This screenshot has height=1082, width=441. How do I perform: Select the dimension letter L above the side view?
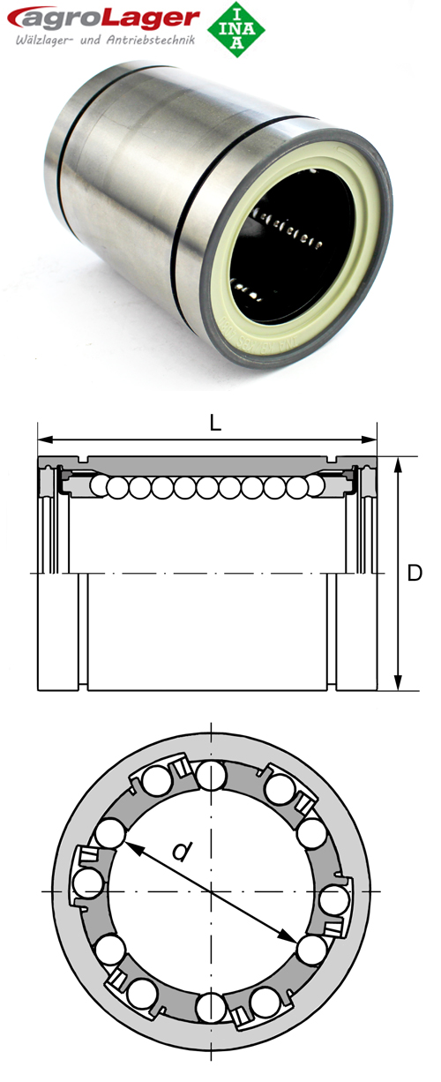pyautogui.click(x=214, y=422)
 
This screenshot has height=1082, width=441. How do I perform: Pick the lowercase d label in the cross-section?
pyautogui.click(x=181, y=852)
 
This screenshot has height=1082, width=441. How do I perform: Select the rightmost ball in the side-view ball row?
pyautogui.click(x=301, y=487)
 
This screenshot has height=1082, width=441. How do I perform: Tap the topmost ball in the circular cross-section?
pyautogui.click(x=212, y=778)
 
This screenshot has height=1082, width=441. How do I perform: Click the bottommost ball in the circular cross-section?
pyautogui.click(x=212, y=1005)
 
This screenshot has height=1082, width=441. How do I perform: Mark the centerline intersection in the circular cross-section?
pyautogui.click(x=212, y=891)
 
